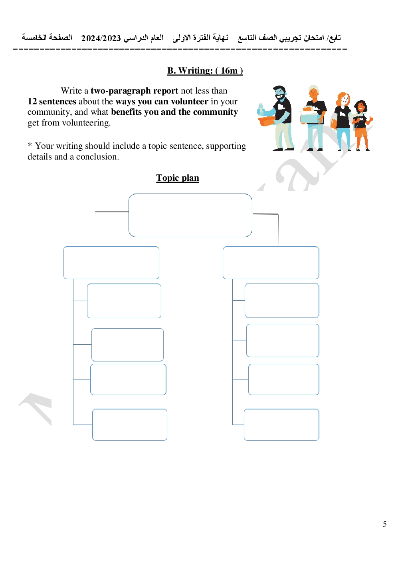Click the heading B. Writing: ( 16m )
click(x=205, y=71)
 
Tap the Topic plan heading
click(x=178, y=178)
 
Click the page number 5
click(x=384, y=524)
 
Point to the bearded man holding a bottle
click(x=276, y=118)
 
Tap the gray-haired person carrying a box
click(x=313, y=118)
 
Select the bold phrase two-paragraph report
click(x=134, y=91)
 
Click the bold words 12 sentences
click(x=52, y=102)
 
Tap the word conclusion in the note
click(x=97, y=157)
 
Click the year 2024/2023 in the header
click(x=101, y=38)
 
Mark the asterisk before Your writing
click(x=30, y=145)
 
